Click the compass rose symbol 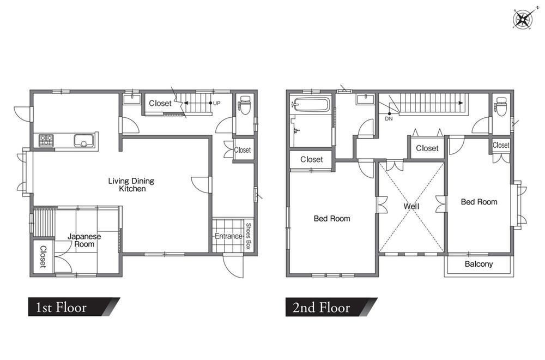[523, 19]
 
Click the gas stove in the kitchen [46, 140]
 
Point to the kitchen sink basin [84, 140]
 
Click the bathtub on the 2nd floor [311, 104]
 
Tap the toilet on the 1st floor [245, 105]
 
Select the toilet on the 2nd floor [501, 106]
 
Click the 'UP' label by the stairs [216, 103]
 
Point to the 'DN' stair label [389, 118]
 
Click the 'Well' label [411, 206]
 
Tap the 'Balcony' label [479, 264]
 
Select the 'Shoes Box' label [248, 236]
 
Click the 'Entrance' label [228, 236]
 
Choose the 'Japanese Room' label [84, 241]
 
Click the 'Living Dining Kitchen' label [131, 185]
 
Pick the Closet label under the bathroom [311, 159]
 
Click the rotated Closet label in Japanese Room [43, 257]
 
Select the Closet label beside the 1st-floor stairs [160, 103]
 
